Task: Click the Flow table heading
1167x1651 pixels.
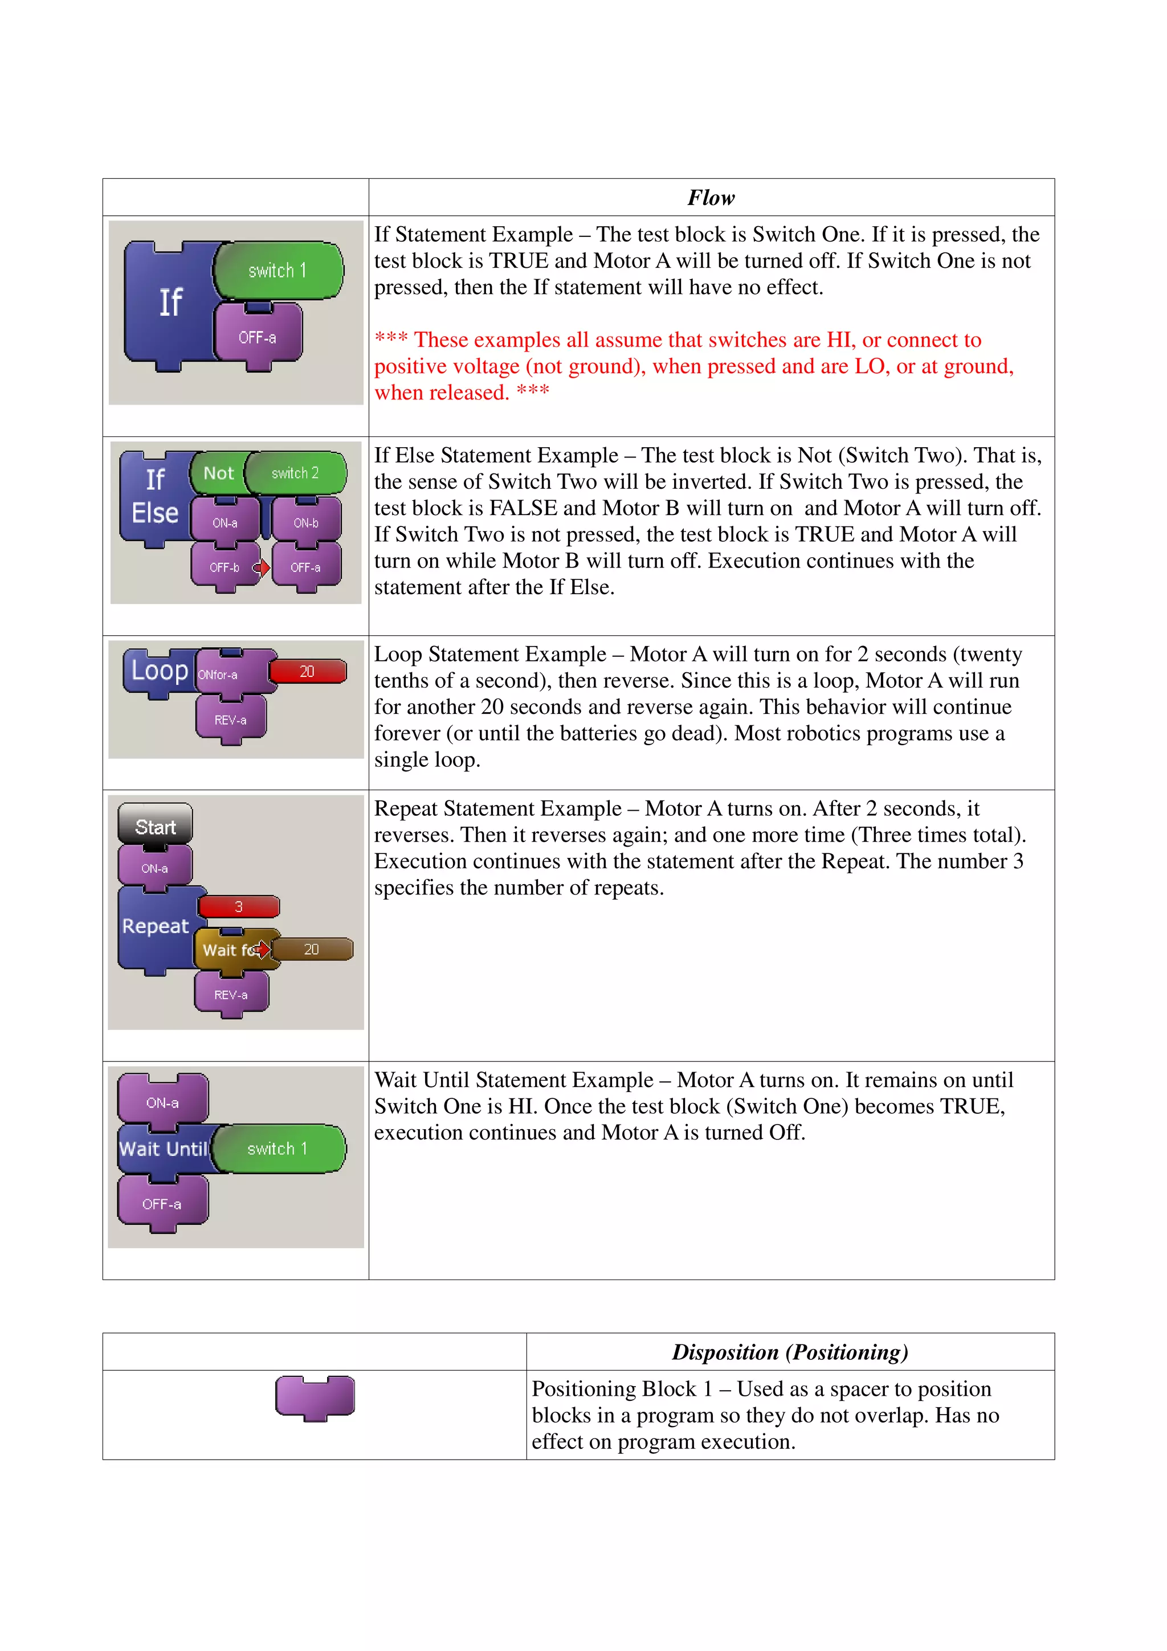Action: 711,198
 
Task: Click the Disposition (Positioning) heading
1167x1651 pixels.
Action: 790,1352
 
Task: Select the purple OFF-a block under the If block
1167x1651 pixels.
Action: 258,337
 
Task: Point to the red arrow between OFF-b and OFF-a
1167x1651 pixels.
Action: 262,568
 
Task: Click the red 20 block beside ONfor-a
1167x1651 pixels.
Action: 308,672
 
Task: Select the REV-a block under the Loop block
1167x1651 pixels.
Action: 230,720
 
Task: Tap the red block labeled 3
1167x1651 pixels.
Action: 239,907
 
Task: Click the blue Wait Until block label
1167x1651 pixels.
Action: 163,1149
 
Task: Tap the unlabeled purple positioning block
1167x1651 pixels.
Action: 315,1396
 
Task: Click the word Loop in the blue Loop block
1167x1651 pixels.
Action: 159,670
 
